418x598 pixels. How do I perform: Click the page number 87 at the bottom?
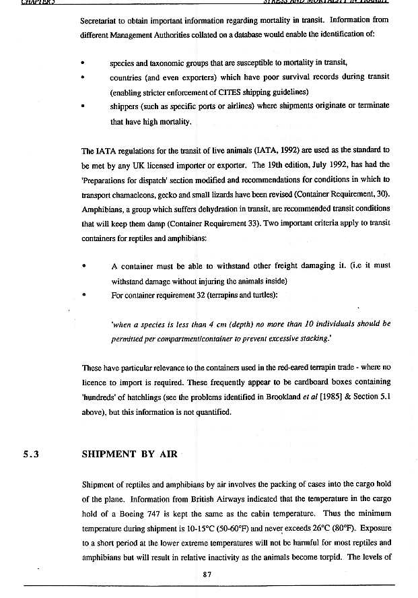tap(208, 574)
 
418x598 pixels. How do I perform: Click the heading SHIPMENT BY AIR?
tap(129, 454)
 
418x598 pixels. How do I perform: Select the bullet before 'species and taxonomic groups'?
tap(82, 63)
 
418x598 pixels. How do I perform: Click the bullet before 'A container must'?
tap(82, 265)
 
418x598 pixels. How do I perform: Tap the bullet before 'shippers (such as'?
tap(82, 107)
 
